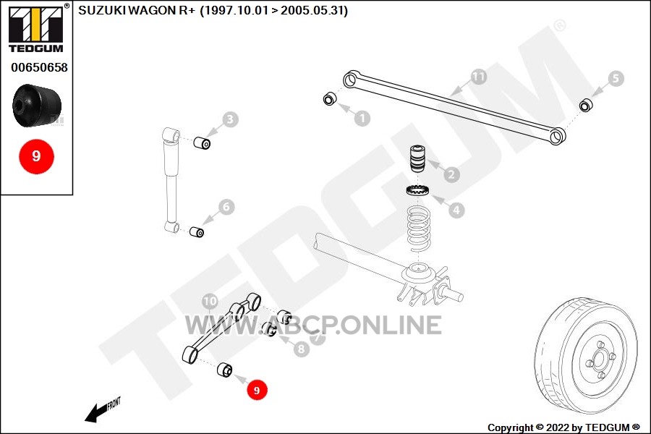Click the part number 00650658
[x=39, y=67]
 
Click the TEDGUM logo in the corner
[x=37, y=28]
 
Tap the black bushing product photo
[x=37, y=105]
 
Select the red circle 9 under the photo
[x=37, y=156]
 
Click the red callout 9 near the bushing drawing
[x=257, y=390]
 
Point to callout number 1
[x=362, y=119]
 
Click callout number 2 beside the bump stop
[x=451, y=174]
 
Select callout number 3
[x=230, y=119]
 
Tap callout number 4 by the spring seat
[x=456, y=210]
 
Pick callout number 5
[x=616, y=79]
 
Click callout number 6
[x=226, y=207]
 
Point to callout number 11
[x=478, y=77]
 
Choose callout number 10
[x=210, y=302]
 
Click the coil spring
[x=419, y=229]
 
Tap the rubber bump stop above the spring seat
[x=417, y=158]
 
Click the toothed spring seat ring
[x=417, y=190]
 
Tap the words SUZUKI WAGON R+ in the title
[x=137, y=11]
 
